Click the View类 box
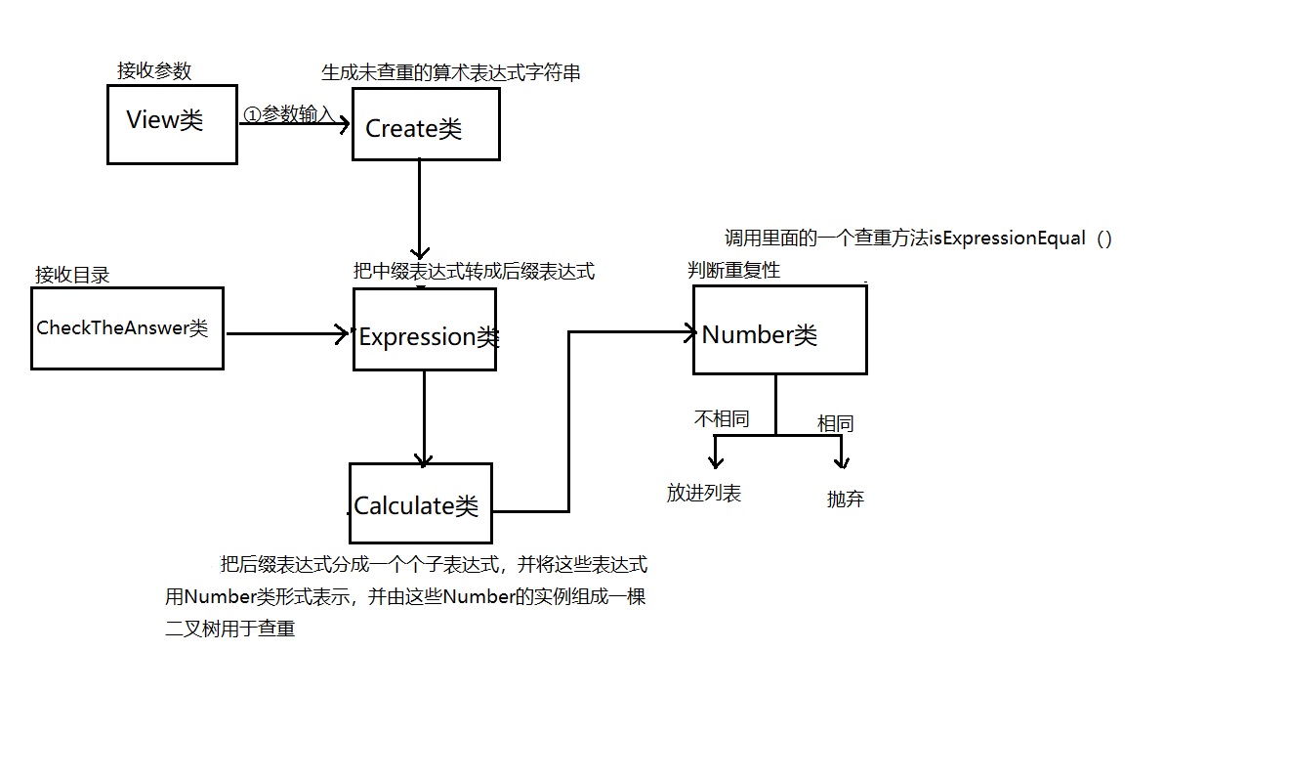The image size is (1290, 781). pos(172,123)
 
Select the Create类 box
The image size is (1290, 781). pos(426,124)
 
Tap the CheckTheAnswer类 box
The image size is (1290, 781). pos(127,328)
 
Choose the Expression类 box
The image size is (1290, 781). pos(425,329)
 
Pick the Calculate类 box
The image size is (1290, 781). pos(421,503)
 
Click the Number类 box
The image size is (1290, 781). pos(779,329)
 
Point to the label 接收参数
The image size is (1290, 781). pos(154,70)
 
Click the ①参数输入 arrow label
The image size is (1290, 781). pos(289,114)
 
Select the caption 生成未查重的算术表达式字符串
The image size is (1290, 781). pos(451,72)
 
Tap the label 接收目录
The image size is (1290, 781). pos(72,275)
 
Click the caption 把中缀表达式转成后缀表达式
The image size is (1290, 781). pos(474,271)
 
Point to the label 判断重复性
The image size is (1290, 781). pos(733,270)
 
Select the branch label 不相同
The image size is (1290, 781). pos(722,418)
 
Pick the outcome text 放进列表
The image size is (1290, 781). pos(704,494)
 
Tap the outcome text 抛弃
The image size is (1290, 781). pos(845,499)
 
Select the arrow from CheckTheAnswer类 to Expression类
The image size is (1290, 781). pos(288,334)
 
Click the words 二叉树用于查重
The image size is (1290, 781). pos(230,629)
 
